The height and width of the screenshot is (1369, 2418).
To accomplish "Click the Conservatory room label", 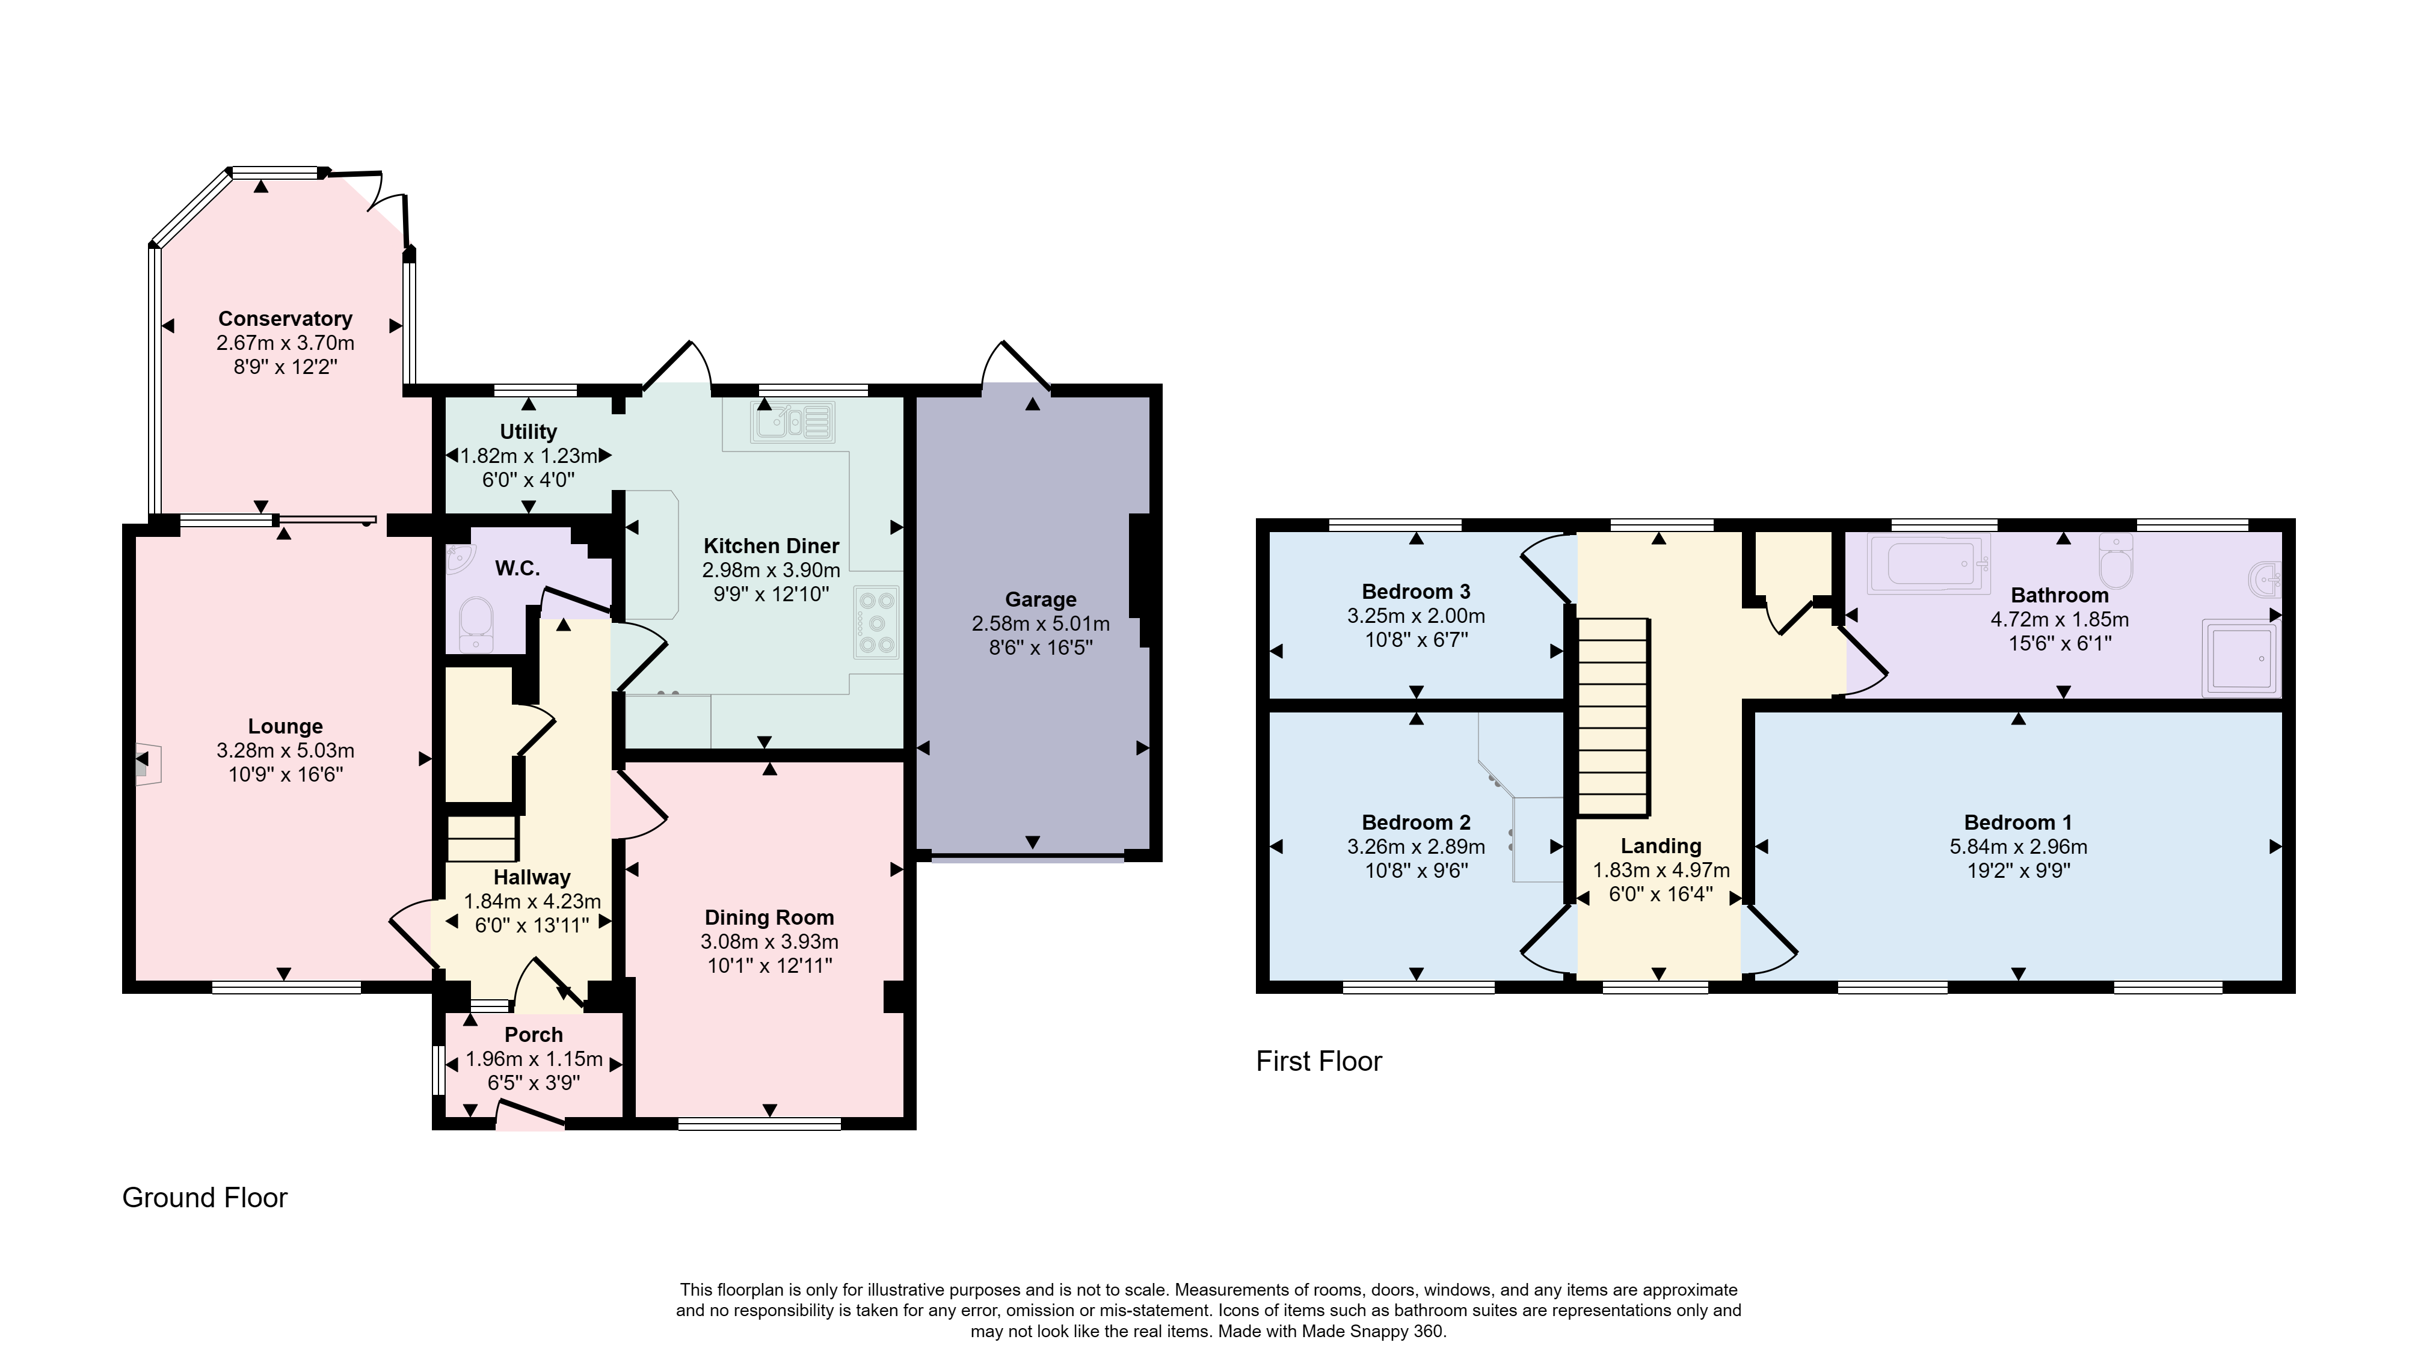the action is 285,319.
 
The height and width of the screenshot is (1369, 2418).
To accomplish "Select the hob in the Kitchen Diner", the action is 876,622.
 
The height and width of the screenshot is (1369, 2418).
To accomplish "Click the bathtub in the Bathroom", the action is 1930,564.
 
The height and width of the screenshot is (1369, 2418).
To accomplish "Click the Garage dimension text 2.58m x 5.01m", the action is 1040,623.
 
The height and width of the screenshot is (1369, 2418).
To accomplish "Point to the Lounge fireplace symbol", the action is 147,764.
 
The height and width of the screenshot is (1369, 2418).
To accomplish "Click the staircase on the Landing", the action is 1613,717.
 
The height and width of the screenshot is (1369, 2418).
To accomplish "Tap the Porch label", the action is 534,1034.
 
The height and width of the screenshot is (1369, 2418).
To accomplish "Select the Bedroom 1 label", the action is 2017,822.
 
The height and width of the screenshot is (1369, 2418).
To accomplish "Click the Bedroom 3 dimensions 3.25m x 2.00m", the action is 1417,616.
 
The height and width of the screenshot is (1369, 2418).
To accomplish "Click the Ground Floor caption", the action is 205,1197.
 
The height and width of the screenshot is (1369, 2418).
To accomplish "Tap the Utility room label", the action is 529,432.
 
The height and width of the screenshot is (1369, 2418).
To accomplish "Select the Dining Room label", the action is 769,917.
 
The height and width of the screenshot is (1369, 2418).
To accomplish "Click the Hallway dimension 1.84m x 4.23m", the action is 532,901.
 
